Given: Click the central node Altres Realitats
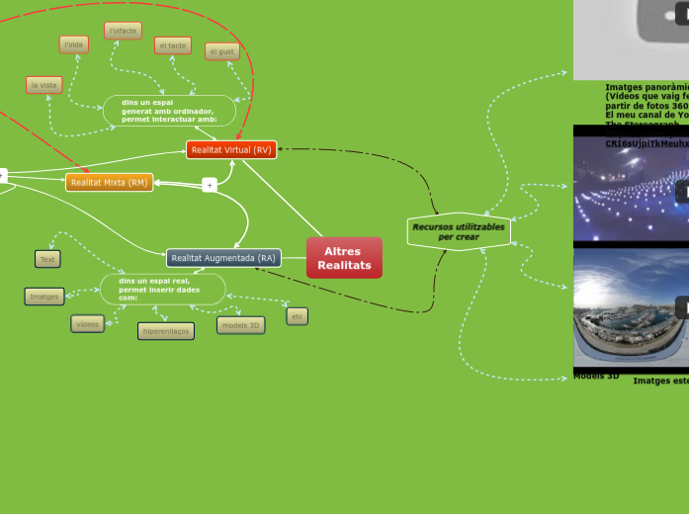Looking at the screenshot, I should tap(344, 258).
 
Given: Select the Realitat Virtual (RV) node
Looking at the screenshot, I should tap(231, 149).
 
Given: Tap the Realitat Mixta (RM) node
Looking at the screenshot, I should tap(109, 182).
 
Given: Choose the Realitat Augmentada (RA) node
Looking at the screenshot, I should tap(223, 258).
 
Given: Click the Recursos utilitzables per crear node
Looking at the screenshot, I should tap(459, 231).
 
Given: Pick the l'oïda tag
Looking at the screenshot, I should tap(74, 44).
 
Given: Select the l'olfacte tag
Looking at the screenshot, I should tap(123, 31).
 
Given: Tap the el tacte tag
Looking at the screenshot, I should tap(173, 45).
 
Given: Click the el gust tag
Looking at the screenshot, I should tap(222, 50).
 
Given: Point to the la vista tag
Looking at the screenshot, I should tap(43, 85).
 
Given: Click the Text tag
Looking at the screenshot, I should tap(47, 259).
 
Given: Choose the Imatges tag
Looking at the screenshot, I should tap(44, 296).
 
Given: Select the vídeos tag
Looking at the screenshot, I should tap(87, 323).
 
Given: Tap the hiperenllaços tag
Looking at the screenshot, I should tap(166, 331).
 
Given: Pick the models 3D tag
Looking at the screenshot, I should tap(241, 325).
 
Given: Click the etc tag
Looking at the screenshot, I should tap(297, 316).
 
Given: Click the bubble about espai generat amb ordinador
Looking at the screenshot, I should tap(169, 110).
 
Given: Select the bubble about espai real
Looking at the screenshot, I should tap(162, 290).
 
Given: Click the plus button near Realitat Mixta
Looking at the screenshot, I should tap(210, 185).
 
